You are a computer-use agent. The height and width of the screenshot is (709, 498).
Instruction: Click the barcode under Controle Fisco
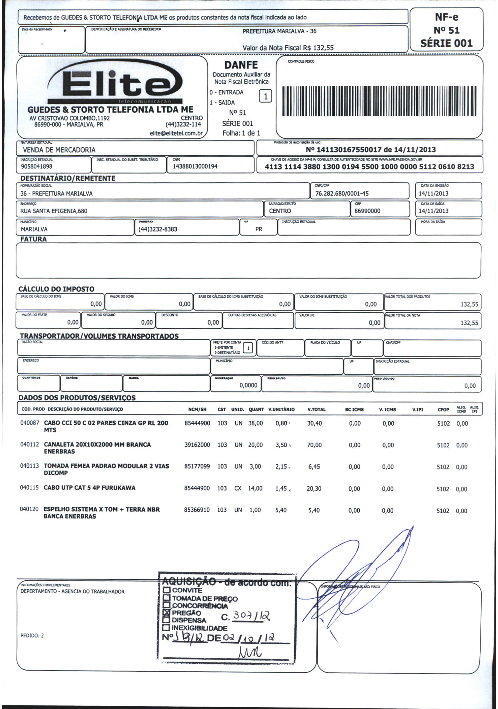[x=379, y=101]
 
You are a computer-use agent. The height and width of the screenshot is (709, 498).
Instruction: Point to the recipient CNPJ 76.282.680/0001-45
[x=342, y=194]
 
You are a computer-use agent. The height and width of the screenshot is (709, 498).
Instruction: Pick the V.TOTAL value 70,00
[x=314, y=445]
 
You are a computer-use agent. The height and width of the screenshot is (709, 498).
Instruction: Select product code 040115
[x=29, y=488]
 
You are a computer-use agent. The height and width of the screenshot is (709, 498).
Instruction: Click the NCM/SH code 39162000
[x=197, y=445]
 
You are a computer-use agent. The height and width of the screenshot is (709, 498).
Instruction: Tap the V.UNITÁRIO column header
[x=281, y=409]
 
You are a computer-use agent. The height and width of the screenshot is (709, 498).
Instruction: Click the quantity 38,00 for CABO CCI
[x=256, y=423]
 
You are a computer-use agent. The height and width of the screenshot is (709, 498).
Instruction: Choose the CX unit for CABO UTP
[x=238, y=488]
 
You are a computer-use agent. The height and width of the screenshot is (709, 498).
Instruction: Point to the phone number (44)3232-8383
[x=158, y=229]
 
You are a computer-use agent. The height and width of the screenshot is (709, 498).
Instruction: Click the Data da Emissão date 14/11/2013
[x=434, y=194]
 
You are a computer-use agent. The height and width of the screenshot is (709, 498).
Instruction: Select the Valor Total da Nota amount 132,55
[x=469, y=323]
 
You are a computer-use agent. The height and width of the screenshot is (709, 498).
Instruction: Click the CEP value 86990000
[x=367, y=211]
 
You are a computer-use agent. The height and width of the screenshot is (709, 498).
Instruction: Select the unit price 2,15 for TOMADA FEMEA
[x=281, y=467]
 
